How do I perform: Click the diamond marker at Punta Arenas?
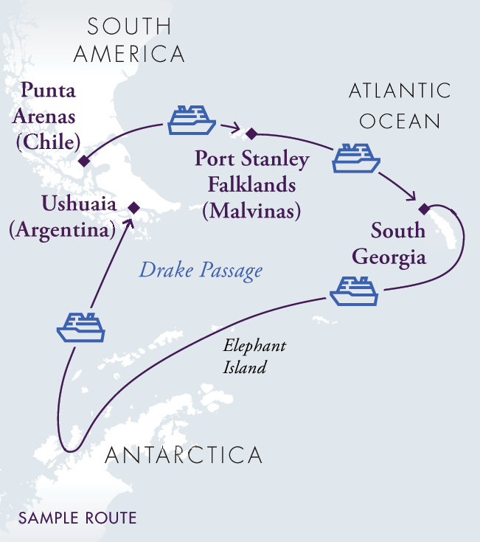coord(84,161)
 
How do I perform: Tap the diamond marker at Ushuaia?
coord(133,207)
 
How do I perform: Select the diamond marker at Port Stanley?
coord(251,133)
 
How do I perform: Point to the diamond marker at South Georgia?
coord(424,206)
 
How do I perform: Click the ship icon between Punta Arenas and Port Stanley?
coord(190,120)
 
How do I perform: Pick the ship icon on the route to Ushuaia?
coord(81,326)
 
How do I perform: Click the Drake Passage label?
coord(201,271)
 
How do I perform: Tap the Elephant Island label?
coord(254,356)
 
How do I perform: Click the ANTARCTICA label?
coord(184,455)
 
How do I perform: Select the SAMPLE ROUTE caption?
coord(77,518)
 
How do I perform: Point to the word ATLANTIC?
coord(399,91)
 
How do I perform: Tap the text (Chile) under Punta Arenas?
coord(48,140)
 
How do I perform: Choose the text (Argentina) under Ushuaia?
coord(62,230)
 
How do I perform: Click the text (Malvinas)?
coord(251,212)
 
